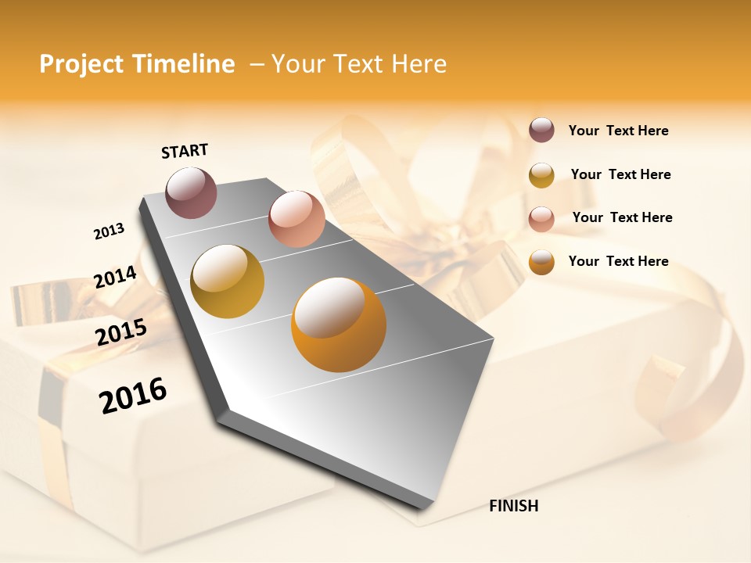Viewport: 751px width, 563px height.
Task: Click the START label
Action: pyautogui.click(x=185, y=151)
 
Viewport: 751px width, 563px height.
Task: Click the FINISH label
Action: pyautogui.click(x=514, y=506)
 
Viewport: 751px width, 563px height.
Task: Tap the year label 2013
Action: pyautogui.click(x=109, y=231)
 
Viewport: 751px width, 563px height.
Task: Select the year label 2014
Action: pyautogui.click(x=115, y=277)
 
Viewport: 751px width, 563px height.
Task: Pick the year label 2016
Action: pyautogui.click(x=133, y=395)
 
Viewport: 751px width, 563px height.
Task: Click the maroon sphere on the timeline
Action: pyautogui.click(x=192, y=192)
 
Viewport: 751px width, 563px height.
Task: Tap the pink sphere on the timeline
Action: pyautogui.click(x=296, y=219)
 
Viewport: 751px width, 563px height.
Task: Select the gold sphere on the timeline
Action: pyautogui.click(x=227, y=281)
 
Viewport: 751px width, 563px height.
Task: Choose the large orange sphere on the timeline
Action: pyautogui.click(x=339, y=325)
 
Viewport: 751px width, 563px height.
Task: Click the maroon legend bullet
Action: pyautogui.click(x=541, y=131)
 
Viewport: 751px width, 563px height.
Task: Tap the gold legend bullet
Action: pyautogui.click(x=541, y=175)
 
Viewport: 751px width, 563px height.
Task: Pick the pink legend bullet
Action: pyautogui.click(x=541, y=218)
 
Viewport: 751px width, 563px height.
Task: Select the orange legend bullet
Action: pyautogui.click(x=541, y=262)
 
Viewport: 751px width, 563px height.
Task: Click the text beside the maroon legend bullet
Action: pyautogui.click(x=618, y=131)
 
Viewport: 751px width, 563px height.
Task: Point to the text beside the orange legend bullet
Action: pyautogui.click(x=618, y=261)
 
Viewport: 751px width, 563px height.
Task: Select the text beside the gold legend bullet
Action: pyautogui.click(x=620, y=174)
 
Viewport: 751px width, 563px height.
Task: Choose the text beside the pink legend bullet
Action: pyautogui.click(x=622, y=217)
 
